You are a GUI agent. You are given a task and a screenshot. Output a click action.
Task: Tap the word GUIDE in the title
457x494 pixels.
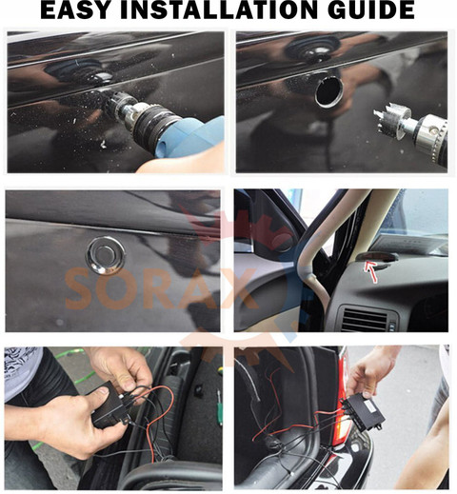pyautogui.click(x=371, y=10)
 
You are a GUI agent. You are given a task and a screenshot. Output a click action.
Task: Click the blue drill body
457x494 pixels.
pyautogui.click(x=190, y=137)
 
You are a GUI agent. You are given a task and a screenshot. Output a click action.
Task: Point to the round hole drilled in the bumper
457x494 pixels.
pyautogui.click(x=328, y=92)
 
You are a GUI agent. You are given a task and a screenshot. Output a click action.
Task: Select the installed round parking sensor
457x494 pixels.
pyautogui.click(x=106, y=255)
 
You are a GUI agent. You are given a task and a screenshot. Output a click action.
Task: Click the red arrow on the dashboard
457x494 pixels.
pyautogui.click(x=371, y=270)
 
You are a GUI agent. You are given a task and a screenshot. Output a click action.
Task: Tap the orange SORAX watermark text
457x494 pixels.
pyautogui.click(x=161, y=289)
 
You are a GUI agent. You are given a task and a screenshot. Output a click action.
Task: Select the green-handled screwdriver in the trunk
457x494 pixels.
pyautogui.click(x=220, y=407)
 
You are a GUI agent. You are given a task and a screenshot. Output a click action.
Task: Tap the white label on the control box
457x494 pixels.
pyautogui.click(x=369, y=405)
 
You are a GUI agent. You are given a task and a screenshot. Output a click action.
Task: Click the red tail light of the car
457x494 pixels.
pyautogui.click(x=345, y=412)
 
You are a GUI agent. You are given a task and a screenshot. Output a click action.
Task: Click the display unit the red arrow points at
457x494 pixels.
pyautogui.click(x=378, y=257)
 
